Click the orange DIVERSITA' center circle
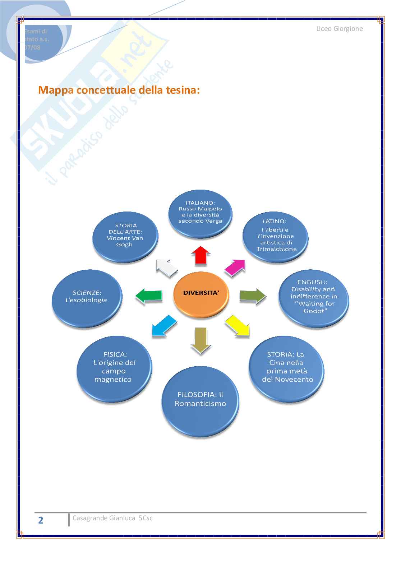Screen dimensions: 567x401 tap(201, 293)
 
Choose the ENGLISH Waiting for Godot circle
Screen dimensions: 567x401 tap(314, 297)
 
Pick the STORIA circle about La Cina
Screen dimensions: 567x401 tap(287, 367)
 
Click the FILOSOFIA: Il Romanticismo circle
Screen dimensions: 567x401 tap(200, 399)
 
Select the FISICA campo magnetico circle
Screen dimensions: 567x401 tap(114, 367)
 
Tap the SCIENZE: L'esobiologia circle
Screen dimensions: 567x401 tap(87, 297)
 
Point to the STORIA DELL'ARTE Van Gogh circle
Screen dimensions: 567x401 tap(125, 235)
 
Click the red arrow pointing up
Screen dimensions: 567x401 tap(200, 255)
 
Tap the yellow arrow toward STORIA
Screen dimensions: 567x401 tap(238, 326)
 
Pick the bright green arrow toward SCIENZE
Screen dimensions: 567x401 tap(149, 296)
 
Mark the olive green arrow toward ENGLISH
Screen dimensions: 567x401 tap(253, 296)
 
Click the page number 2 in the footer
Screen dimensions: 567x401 tap(41, 520)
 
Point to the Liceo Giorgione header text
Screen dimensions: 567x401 tap(339, 29)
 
